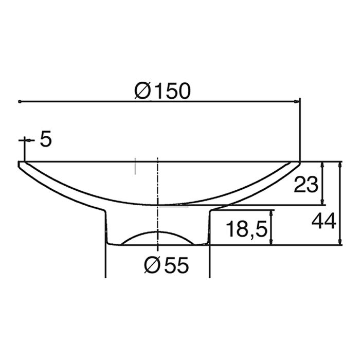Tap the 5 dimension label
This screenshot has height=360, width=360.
45,140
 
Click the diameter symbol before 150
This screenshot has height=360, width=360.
142,91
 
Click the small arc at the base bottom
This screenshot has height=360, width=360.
157,235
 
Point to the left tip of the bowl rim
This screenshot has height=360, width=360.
20,163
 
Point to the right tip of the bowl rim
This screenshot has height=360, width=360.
299,163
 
